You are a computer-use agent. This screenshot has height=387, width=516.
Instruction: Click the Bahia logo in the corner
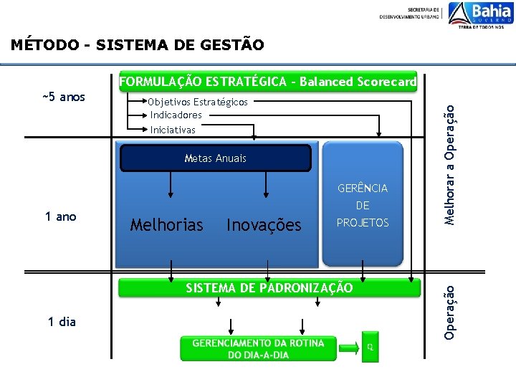(x=480, y=15)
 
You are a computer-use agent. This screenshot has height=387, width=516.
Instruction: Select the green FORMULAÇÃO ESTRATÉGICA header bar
(x=267, y=82)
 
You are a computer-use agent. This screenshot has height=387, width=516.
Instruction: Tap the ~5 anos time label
(x=63, y=97)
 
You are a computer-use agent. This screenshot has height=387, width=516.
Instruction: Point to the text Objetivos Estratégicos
(x=199, y=102)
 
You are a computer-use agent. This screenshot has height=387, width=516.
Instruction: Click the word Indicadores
(x=176, y=115)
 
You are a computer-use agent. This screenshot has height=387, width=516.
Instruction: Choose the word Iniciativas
(x=173, y=130)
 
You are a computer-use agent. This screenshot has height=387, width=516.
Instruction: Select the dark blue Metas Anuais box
(x=215, y=158)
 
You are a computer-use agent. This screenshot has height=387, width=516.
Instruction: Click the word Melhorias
(x=167, y=225)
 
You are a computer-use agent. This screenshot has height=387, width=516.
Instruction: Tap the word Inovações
(x=264, y=225)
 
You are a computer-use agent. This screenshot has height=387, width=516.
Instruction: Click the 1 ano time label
(x=61, y=216)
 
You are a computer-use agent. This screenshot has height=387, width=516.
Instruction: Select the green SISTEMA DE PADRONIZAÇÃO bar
(x=269, y=288)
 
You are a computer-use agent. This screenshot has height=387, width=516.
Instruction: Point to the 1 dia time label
(x=62, y=322)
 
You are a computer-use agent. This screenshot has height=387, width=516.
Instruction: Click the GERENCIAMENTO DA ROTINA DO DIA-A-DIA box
(x=258, y=348)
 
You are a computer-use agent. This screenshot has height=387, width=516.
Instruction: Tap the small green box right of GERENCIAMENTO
(x=370, y=347)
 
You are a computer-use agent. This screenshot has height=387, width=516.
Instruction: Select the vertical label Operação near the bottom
(x=449, y=312)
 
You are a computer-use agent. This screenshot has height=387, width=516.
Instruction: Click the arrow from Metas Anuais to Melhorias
(x=171, y=184)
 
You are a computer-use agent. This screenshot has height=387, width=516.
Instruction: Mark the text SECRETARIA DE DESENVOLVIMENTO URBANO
(x=410, y=12)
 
